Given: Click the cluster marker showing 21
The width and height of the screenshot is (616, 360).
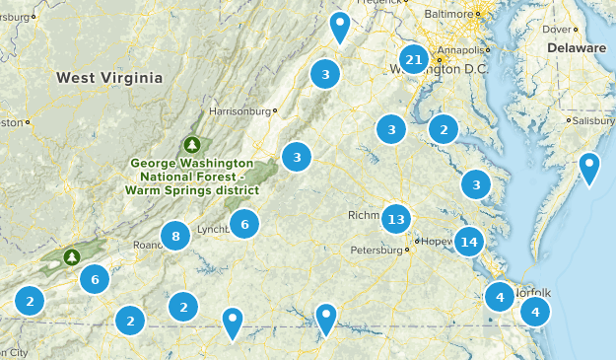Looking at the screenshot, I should pyautogui.click(x=415, y=60).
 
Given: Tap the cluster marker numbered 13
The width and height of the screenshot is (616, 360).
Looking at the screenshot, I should pyautogui.click(x=396, y=219).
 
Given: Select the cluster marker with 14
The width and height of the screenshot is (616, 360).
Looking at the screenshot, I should pyautogui.click(x=469, y=242).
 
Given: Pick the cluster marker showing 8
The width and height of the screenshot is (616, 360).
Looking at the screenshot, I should pyautogui.click(x=175, y=236).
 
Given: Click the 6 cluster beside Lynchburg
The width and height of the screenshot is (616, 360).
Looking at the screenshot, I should pyautogui.click(x=244, y=224).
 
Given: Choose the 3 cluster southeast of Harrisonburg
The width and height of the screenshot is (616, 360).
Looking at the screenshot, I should pyautogui.click(x=296, y=156).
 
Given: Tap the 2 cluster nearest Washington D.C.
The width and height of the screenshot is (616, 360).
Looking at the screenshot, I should pyautogui.click(x=445, y=129).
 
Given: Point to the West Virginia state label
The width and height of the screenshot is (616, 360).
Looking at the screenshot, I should pyautogui.click(x=108, y=77).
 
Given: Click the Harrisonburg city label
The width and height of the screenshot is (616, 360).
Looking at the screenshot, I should pyautogui.click(x=240, y=110).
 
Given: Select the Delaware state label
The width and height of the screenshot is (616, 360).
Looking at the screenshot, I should pyautogui.click(x=577, y=47).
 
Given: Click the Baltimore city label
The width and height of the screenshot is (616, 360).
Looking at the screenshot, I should pyautogui.click(x=449, y=15).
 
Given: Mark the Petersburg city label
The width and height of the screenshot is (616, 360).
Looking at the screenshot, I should pyautogui.click(x=377, y=251).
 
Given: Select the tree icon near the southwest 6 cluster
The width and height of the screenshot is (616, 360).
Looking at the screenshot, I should pyautogui.click(x=71, y=257).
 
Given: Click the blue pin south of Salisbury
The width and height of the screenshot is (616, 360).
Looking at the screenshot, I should pyautogui.click(x=589, y=167).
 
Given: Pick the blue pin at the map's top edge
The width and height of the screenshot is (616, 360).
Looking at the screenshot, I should pyautogui.click(x=340, y=26).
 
